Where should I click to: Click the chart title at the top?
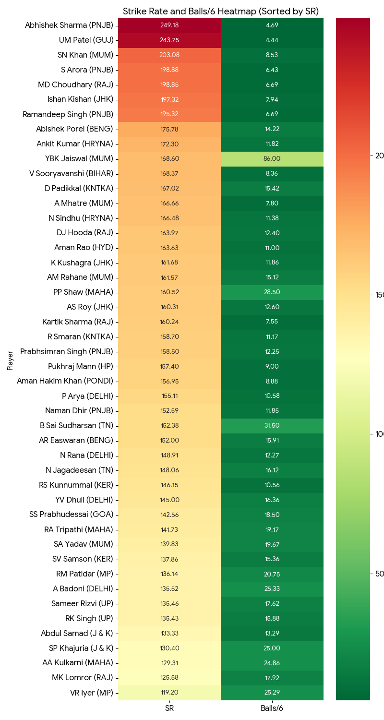click(x=221, y=12)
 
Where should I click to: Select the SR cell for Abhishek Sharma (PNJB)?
click(x=169, y=25)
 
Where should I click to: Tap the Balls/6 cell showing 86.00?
click(x=272, y=159)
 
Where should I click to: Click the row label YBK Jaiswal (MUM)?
click(x=79, y=159)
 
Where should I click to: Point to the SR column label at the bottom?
click(x=169, y=708)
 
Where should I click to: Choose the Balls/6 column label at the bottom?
click(x=272, y=708)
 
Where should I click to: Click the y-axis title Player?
click(x=10, y=360)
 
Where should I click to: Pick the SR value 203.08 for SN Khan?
click(x=169, y=55)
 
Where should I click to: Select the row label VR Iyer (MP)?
click(x=92, y=693)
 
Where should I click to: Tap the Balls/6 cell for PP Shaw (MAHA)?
click(x=272, y=292)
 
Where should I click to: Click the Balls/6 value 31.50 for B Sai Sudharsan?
click(x=272, y=426)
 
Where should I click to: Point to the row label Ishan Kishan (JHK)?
click(x=80, y=99)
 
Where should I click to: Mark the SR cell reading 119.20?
click(x=169, y=693)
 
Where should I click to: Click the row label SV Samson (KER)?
click(x=83, y=559)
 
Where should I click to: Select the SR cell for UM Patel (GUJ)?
click(x=169, y=40)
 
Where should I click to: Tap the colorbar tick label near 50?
click(x=380, y=574)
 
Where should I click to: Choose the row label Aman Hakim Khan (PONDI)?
click(x=65, y=381)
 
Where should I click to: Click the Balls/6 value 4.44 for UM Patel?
click(x=272, y=40)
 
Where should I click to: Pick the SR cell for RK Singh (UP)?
click(x=169, y=618)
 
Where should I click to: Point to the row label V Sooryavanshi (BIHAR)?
click(x=72, y=174)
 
